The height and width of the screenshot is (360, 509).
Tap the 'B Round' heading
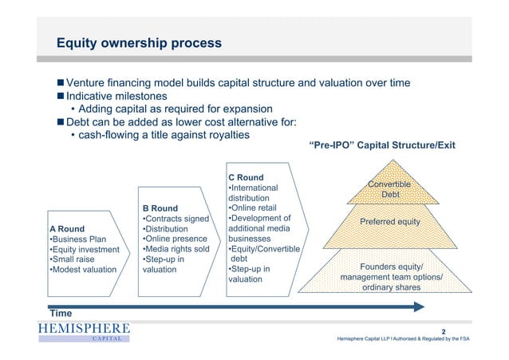(x=160, y=208)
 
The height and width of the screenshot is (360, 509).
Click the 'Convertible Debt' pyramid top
(x=389, y=190)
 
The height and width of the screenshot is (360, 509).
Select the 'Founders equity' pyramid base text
(x=391, y=267)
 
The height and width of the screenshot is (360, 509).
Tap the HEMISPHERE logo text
(x=82, y=329)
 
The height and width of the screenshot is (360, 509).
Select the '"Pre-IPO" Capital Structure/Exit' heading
(x=381, y=146)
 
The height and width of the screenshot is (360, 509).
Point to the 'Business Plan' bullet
(x=77, y=241)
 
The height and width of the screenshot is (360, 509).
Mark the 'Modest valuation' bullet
(x=82, y=269)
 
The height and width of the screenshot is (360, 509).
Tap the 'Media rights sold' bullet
(x=175, y=248)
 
